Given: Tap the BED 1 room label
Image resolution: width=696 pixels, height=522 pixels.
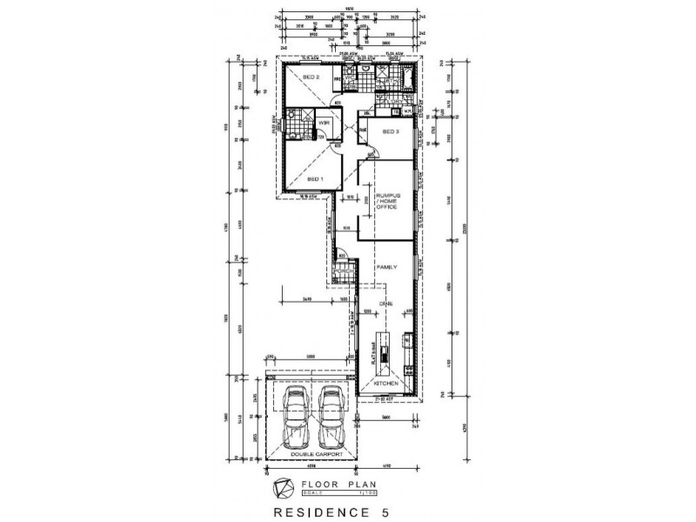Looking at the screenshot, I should (315, 177).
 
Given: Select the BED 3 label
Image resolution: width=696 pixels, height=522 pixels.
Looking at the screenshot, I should (391, 132).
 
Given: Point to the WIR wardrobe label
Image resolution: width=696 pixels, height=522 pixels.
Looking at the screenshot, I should (321, 123).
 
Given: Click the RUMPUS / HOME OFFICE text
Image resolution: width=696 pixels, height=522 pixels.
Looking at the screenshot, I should (386, 199).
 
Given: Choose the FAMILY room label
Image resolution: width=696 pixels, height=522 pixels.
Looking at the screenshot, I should (385, 268).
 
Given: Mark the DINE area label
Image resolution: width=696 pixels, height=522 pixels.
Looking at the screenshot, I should (385, 304).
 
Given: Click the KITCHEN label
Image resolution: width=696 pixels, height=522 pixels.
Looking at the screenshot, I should (386, 382).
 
